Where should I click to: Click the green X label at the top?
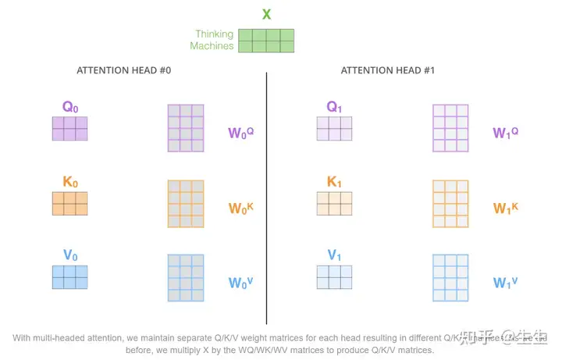[266, 14]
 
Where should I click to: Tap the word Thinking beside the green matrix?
[215, 34]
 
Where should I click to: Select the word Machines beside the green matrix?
[212, 46]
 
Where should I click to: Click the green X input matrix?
[266, 41]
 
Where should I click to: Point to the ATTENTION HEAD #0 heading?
[123, 71]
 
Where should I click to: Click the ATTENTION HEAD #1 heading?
[388, 71]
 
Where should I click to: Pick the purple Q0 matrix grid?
[69, 128]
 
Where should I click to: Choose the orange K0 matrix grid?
[69, 203]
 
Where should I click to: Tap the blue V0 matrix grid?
[69, 277]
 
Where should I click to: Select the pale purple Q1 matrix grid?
[334, 128]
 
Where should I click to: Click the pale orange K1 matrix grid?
[334, 203]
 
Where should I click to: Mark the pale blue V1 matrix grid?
[334, 277]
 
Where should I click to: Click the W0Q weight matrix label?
[241, 132]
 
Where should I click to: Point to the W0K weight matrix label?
[241, 208]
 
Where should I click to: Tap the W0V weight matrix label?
[241, 283]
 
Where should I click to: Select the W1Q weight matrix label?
[506, 132]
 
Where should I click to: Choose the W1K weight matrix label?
[506, 208]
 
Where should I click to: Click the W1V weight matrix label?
[506, 283]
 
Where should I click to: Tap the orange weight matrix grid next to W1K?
[450, 203]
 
